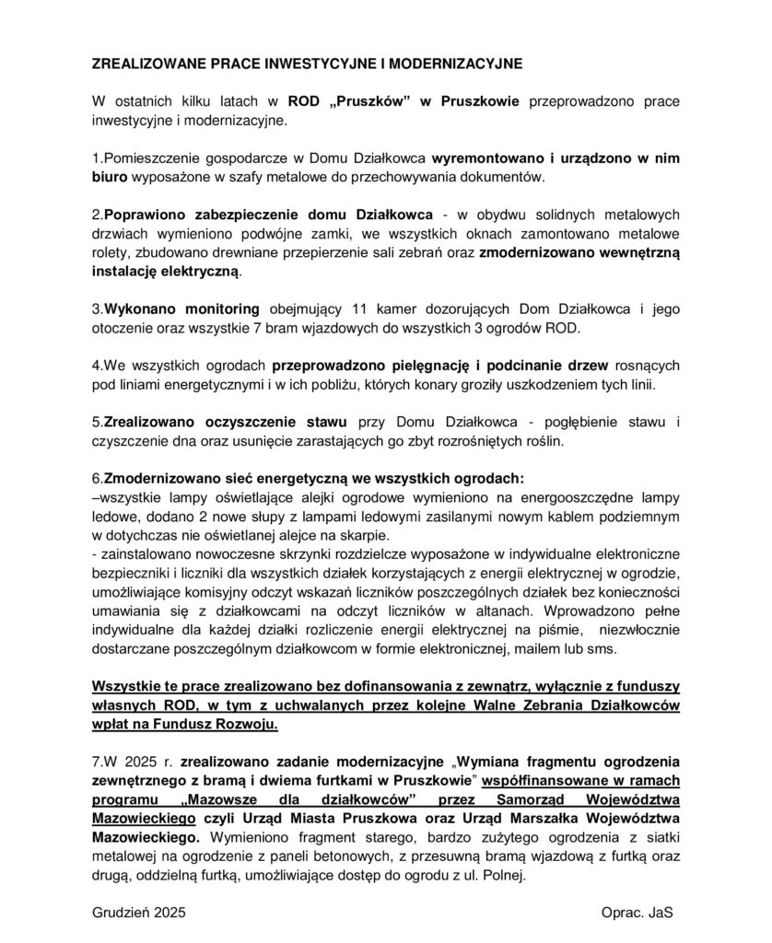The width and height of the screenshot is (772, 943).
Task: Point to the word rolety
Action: pos(111,252)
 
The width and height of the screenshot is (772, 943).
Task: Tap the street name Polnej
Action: pos(503,876)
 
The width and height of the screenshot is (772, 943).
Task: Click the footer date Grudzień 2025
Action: pos(139,913)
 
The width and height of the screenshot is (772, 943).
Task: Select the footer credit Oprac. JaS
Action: pos(637,913)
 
